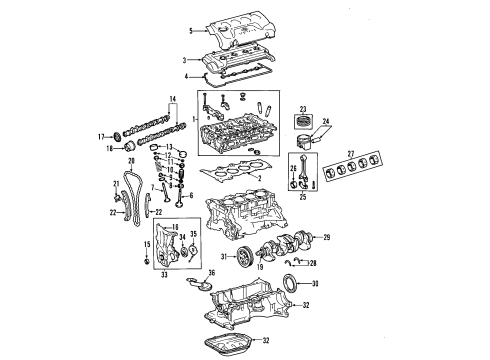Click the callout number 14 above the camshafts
171,98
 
